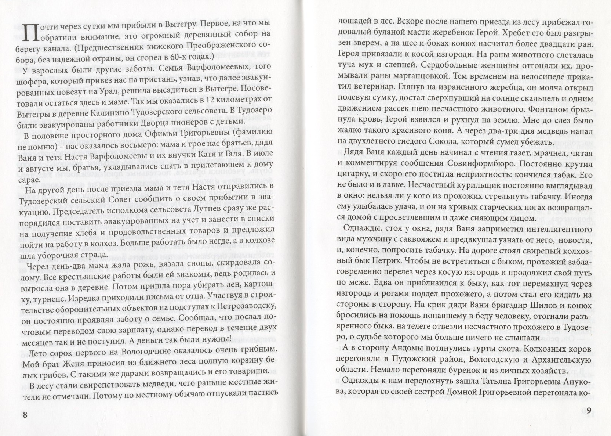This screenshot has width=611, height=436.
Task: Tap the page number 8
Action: pos(25,415)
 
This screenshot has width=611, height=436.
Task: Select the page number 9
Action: pos(589,411)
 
